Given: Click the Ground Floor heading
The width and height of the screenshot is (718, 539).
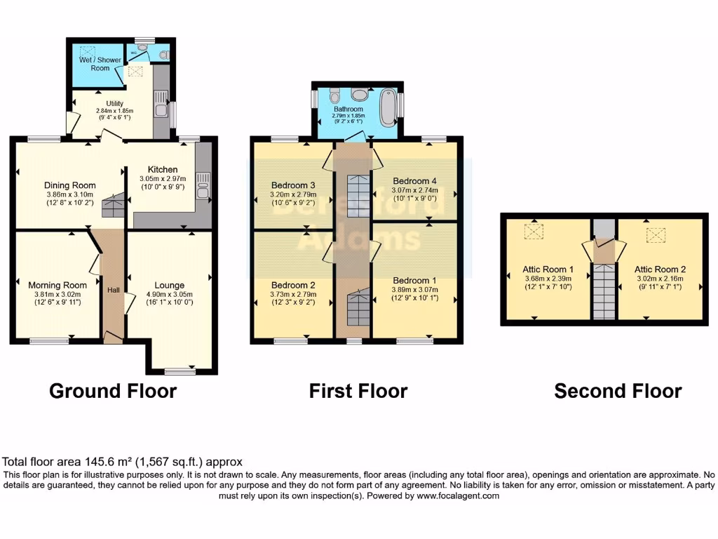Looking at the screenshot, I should (112, 390).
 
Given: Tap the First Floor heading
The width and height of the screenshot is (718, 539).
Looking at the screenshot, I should (358, 390).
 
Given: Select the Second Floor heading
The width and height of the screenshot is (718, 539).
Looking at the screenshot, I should (618, 390).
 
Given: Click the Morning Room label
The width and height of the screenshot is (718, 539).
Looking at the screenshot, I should (57, 285).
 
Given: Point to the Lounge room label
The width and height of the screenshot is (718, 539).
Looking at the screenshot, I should (170, 285).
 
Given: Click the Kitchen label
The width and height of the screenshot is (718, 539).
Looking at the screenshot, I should (162, 169).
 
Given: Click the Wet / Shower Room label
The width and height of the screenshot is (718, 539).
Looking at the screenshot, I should (100, 64).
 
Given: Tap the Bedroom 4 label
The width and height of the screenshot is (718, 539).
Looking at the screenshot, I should (414, 180).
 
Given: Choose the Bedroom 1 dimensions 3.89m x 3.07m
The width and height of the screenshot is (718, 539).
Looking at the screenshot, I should (414, 289).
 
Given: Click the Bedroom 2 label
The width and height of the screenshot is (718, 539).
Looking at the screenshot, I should (293, 285).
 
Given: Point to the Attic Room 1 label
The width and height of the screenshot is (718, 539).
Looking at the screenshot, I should (548, 268).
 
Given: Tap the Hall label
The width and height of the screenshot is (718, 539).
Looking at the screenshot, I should (113, 289).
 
